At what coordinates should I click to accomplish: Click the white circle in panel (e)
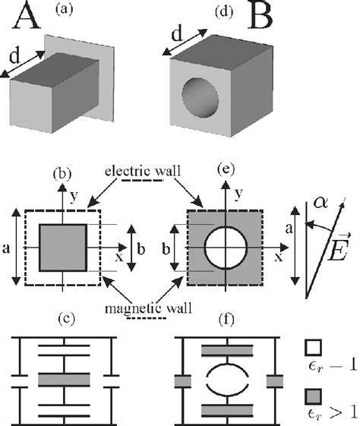pyautogui.click(x=223, y=248)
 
